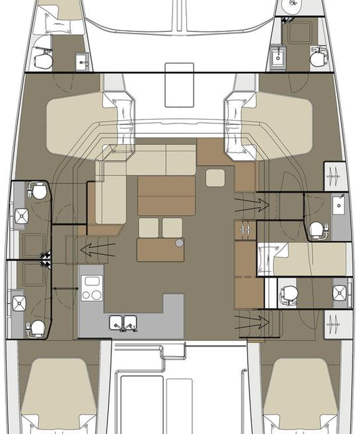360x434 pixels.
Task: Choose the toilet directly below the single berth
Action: click(x=289, y=291)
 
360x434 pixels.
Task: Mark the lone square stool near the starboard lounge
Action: click(x=216, y=177)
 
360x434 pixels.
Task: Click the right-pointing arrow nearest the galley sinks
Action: click(x=251, y=321)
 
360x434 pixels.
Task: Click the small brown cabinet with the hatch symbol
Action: click(x=244, y=230)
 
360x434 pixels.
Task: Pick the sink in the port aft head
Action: click(x=19, y=302)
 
